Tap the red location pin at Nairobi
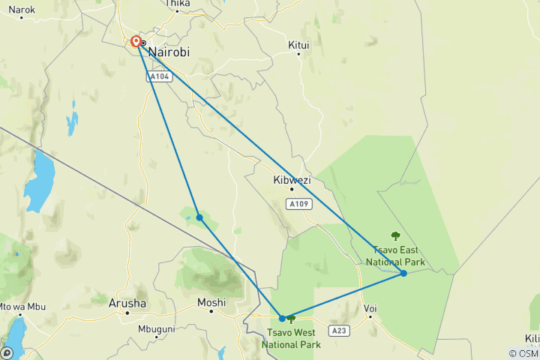(136, 43)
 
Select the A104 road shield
(158, 76)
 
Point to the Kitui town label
(298, 45)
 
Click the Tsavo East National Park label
(395, 256)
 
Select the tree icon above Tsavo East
(396, 236)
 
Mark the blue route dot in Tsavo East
(403, 273)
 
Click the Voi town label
(370, 307)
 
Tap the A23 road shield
(338, 329)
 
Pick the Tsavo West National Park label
(291, 338)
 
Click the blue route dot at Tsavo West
(282, 318)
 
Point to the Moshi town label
(211, 302)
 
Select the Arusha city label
(127, 303)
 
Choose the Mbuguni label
(156, 329)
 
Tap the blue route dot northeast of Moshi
(199, 217)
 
